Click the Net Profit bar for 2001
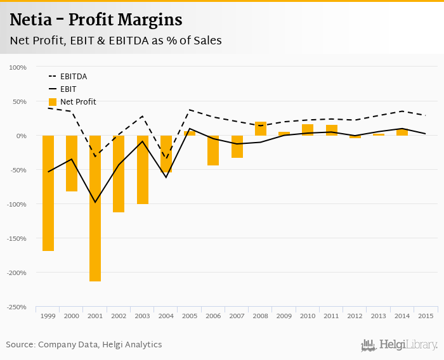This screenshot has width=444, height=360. (95, 208)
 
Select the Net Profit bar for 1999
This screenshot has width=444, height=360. (48, 193)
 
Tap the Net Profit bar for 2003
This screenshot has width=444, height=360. (143, 169)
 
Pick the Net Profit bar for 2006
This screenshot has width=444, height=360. (213, 150)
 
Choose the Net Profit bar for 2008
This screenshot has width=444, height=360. (260, 129)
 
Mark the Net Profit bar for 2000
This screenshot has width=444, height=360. (72, 164)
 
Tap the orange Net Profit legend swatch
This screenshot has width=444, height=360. (53, 101)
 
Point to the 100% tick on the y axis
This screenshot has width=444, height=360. (18, 67)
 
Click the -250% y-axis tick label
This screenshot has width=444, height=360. (16, 307)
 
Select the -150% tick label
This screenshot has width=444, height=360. (16, 238)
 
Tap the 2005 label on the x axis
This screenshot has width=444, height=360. (190, 316)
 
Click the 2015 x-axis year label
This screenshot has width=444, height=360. (426, 316)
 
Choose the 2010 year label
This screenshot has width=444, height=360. (308, 316)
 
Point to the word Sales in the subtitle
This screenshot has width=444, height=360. (206, 41)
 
